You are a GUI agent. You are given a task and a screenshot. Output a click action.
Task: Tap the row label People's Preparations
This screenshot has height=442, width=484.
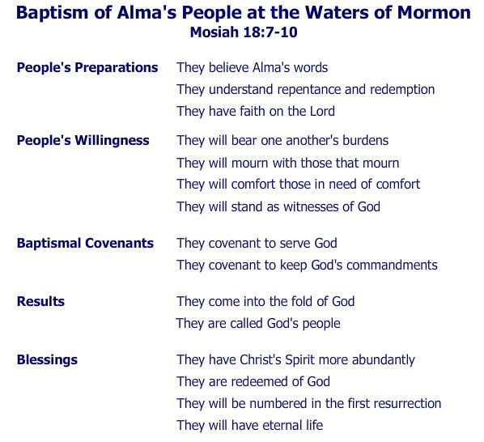[87, 67]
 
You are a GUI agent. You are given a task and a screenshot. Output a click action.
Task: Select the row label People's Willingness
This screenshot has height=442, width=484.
[83, 140]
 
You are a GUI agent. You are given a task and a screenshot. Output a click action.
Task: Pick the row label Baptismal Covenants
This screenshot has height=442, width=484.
[85, 243]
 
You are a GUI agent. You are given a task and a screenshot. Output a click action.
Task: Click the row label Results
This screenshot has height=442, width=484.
[40, 301]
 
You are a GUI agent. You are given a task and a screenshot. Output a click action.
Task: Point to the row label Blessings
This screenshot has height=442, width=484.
[47, 359]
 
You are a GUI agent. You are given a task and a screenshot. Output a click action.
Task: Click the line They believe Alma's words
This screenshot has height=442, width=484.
[252, 68]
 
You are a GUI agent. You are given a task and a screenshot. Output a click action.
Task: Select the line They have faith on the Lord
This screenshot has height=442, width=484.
[255, 112]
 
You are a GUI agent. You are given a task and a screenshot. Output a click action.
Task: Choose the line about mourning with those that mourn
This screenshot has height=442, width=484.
[287, 163]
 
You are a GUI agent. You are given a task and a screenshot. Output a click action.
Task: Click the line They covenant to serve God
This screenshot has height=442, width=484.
[257, 243]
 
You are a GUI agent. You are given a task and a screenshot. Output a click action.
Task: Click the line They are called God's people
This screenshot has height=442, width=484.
[258, 323]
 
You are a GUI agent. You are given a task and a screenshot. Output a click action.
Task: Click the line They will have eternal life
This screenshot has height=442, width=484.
[249, 425]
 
